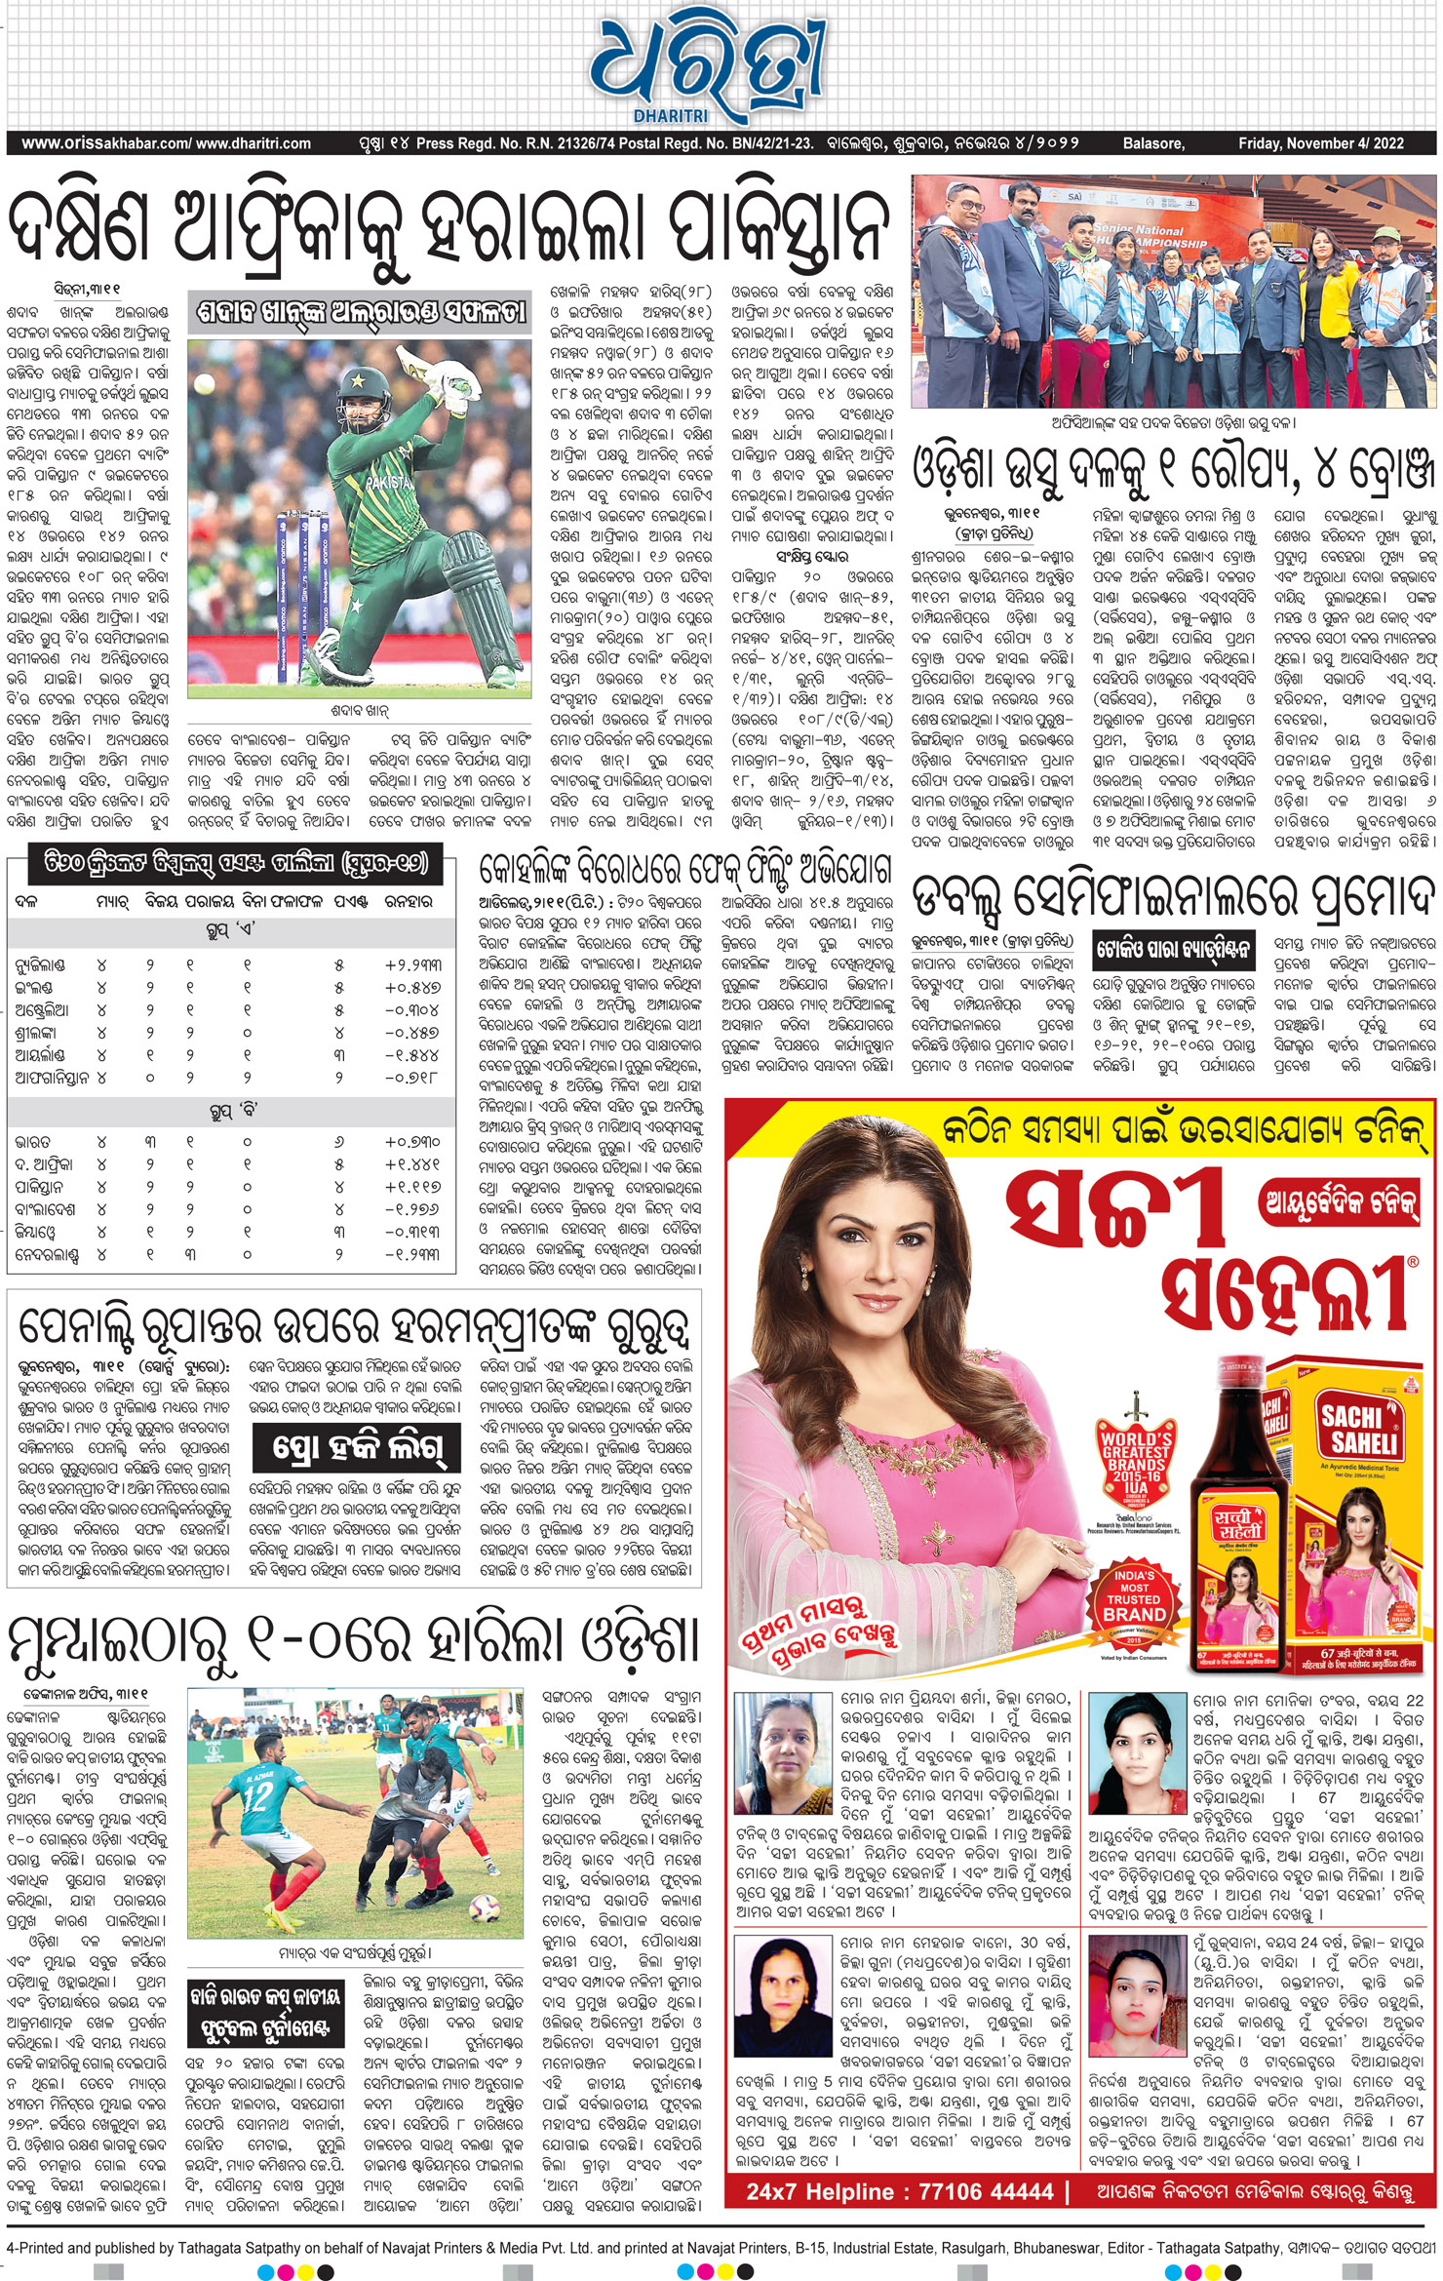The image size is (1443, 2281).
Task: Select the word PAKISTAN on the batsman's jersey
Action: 389,482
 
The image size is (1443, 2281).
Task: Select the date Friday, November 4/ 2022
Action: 1320,143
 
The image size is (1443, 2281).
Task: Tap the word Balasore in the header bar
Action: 1153,143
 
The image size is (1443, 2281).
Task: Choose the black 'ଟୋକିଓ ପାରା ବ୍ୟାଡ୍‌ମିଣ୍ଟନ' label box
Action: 1173,948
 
